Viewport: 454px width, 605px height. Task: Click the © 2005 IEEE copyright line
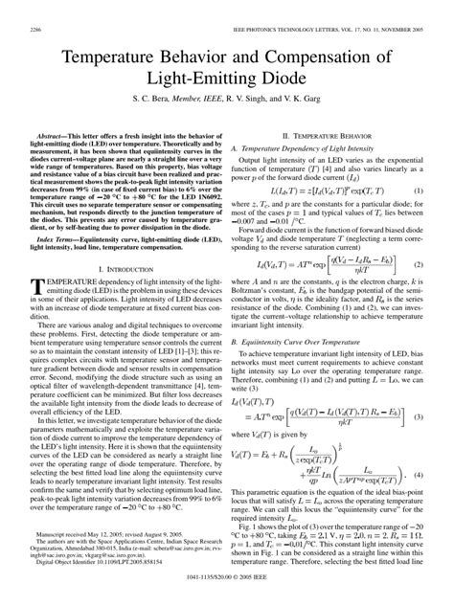click(227, 594)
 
